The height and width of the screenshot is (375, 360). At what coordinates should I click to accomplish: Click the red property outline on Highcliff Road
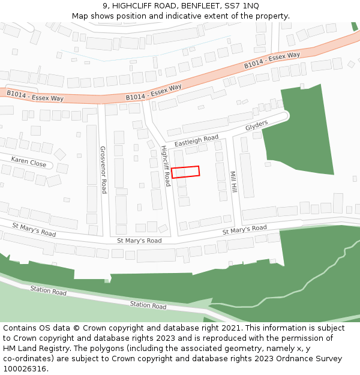click(185, 172)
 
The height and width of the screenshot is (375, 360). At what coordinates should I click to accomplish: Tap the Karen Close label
click(28, 161)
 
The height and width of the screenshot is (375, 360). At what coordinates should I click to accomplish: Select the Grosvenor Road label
click(103, 170)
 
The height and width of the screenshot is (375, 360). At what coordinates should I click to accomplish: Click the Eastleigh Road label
click(196, 141)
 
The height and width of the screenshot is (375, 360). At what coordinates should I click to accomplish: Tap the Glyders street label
click(256, 125)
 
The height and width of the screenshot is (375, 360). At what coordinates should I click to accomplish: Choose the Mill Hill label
click(233, 182)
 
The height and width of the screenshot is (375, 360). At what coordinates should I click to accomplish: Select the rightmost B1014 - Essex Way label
click(272, 61)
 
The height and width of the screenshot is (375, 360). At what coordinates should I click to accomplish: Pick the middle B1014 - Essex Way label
click(154, 92)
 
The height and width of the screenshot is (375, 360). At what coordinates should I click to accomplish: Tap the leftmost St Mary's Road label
click(34, 229)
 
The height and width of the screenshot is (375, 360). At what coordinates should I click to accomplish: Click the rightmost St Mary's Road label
click(244, 229)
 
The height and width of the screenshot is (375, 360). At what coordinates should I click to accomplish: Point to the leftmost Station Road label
click(49, 291)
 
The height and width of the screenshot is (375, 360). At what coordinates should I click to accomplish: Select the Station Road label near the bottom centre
click(148, 305)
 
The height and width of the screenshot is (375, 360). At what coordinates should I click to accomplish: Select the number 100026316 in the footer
click(23, 369)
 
